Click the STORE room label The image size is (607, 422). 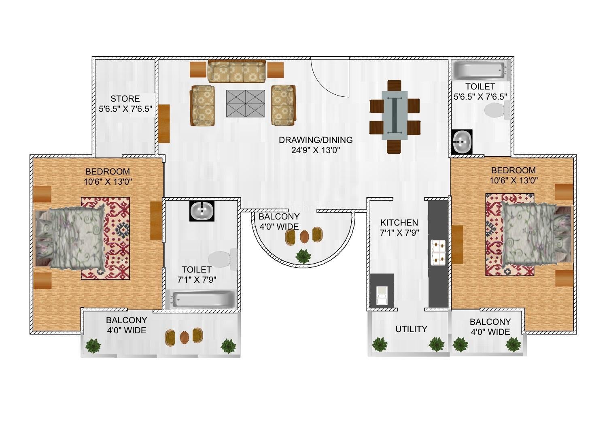(125, 98)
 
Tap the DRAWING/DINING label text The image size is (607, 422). (316, 140)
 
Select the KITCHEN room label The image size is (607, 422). (399, 223)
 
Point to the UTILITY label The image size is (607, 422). (412, 329)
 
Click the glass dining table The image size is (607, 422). (395, 115)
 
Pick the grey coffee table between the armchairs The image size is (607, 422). (246, 104)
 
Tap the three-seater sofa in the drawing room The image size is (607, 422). (236, 71)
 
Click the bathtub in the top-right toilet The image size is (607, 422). (481, 70)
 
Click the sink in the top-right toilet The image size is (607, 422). (462, 142)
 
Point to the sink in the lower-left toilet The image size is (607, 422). (202, 211)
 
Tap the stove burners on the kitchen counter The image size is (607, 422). (438, 252)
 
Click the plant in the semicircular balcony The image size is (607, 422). (303, 256)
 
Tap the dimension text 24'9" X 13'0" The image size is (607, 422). (316, 150)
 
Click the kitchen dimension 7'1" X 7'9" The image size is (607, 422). (399, 233)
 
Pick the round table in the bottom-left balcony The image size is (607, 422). (184, 337)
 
